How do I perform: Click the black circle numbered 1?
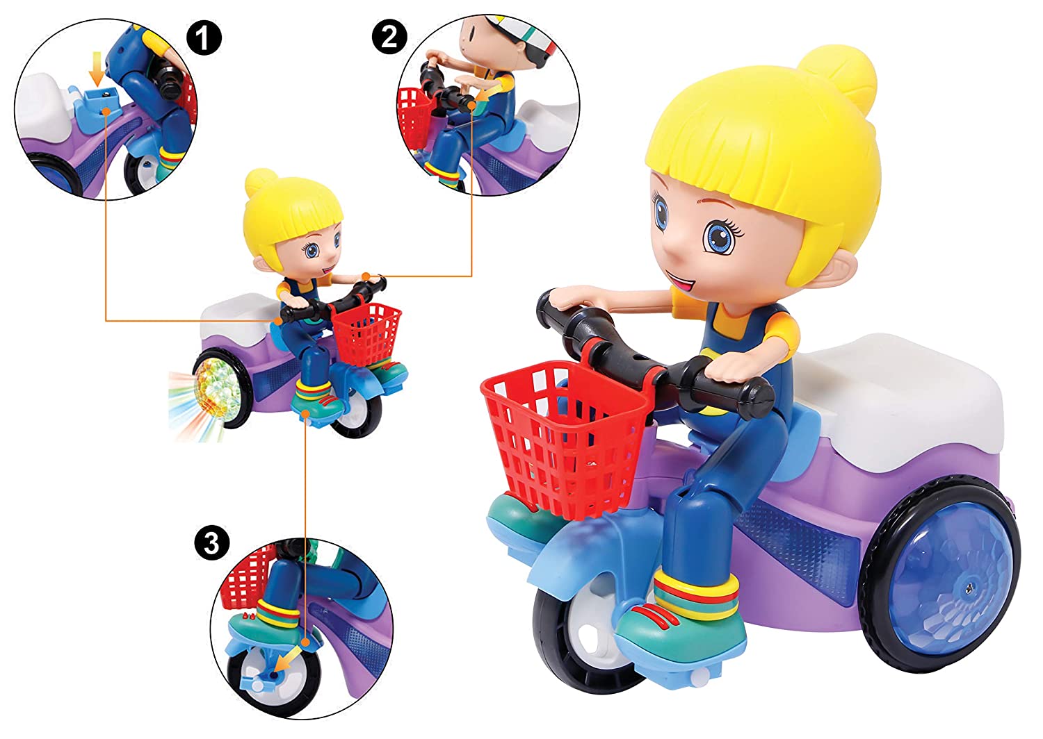[x=204, y=38]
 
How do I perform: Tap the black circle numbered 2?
[x=389, y=37]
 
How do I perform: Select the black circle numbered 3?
[x=212, y=543]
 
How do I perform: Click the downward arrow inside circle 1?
[x=97, y=68]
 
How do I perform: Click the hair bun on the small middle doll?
[x=259, y=181]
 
